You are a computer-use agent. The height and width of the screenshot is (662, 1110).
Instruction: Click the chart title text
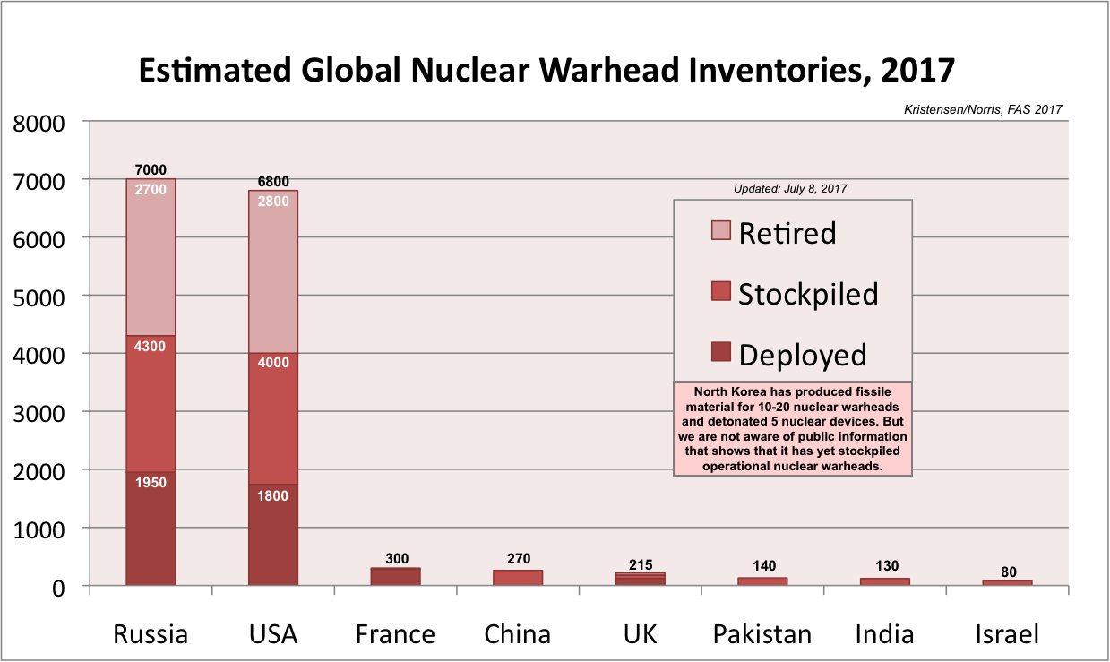(x=546, y=70)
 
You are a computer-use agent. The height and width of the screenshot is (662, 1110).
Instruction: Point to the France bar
(x=395, y=577)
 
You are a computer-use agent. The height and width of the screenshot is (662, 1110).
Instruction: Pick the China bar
(x=518, y=578)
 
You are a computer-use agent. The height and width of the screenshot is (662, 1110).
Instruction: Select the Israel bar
(x=1007, y=583)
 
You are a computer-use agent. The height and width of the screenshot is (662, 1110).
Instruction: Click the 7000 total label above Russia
(x=151, y=170)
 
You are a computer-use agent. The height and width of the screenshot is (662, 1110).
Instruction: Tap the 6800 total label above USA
(x=273, y=182)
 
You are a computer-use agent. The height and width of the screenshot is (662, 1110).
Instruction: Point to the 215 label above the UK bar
(x=640, y=564)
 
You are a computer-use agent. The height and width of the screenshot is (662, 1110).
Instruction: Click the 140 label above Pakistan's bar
(x=762, y=566)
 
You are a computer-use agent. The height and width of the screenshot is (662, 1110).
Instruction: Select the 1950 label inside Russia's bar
(x=151, y=482)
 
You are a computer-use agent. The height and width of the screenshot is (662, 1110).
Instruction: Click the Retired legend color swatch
(x=720, y=230)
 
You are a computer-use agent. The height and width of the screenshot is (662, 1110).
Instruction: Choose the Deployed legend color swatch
(x=720, y=352)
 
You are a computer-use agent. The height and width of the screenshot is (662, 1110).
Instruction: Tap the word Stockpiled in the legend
(x=808, y=294)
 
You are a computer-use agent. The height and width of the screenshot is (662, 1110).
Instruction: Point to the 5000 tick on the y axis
(x=41, y=296)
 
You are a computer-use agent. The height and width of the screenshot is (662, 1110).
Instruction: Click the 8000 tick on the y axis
(x=41, y=122)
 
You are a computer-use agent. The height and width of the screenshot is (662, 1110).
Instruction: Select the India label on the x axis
(x=884, y=634)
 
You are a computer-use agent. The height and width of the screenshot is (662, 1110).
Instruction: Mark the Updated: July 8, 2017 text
(x=791, y=189)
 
